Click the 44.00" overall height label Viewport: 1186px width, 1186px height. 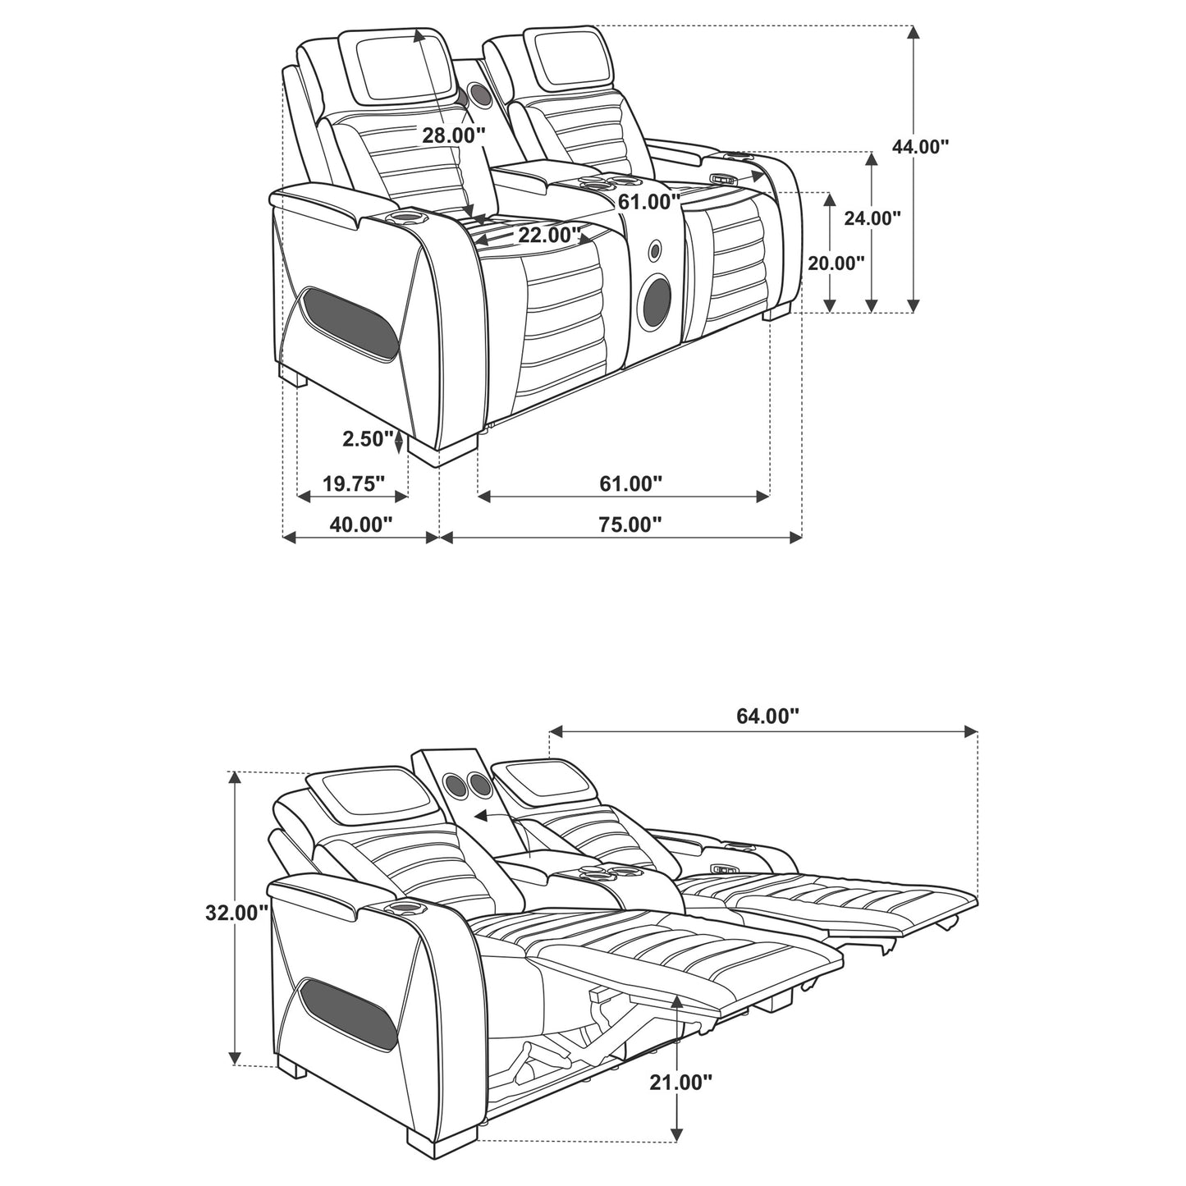(921, 146)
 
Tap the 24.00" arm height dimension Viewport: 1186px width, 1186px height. (872, 218)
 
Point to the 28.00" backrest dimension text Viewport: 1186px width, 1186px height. (454, 135)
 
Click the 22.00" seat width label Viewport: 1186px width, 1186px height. (549, 235)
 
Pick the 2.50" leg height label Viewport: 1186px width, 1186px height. (368, 439)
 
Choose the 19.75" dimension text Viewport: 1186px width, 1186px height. (354, 483)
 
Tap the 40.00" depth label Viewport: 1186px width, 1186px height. (360, 524)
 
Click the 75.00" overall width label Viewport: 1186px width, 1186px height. (630, 524)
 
